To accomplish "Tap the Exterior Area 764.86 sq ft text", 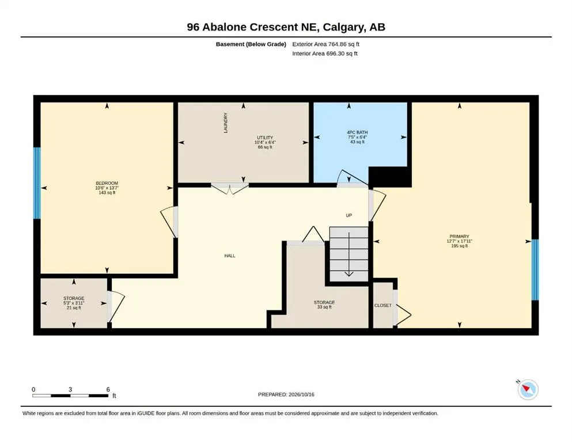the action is [x=326, y=44].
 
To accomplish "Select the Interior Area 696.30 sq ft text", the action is [x=325, y=54].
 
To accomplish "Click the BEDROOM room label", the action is [x=107, y=183].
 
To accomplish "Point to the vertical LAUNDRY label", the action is [x=225, y=123].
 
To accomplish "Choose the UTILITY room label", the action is [x=265, y=138].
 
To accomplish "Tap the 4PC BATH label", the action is [x=357, y=132].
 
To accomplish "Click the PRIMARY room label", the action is [x=459, y=237].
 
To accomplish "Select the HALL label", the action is [x=230, y=256].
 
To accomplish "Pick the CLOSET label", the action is [x=382, y=306].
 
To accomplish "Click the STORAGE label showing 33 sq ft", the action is [x=324, y=303].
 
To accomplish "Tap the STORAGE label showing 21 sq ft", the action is [x=74, y=299].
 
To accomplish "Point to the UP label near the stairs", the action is [x=348, y=215].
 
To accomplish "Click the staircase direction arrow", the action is [x=349, y=254].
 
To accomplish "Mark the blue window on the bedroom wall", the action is [x=37, y=183].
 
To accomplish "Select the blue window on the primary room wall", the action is [x=535, y=270].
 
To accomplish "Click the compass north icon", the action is [x=528, y=389].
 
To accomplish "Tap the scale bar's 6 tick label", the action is [x=108, y=390].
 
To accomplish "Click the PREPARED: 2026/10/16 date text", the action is [x=286, y=395].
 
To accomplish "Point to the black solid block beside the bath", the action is [x=390, y=177].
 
